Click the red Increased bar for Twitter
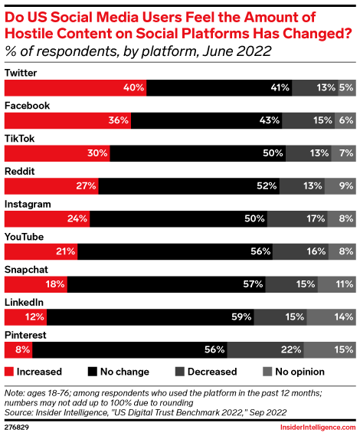click(x=75, y=87)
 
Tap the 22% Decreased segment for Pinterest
click(x=265, y=350)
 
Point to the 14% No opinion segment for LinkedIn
click(x=331, y=317)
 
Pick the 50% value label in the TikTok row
click(x=273, y=153)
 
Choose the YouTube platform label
click(x=25, y=237)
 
